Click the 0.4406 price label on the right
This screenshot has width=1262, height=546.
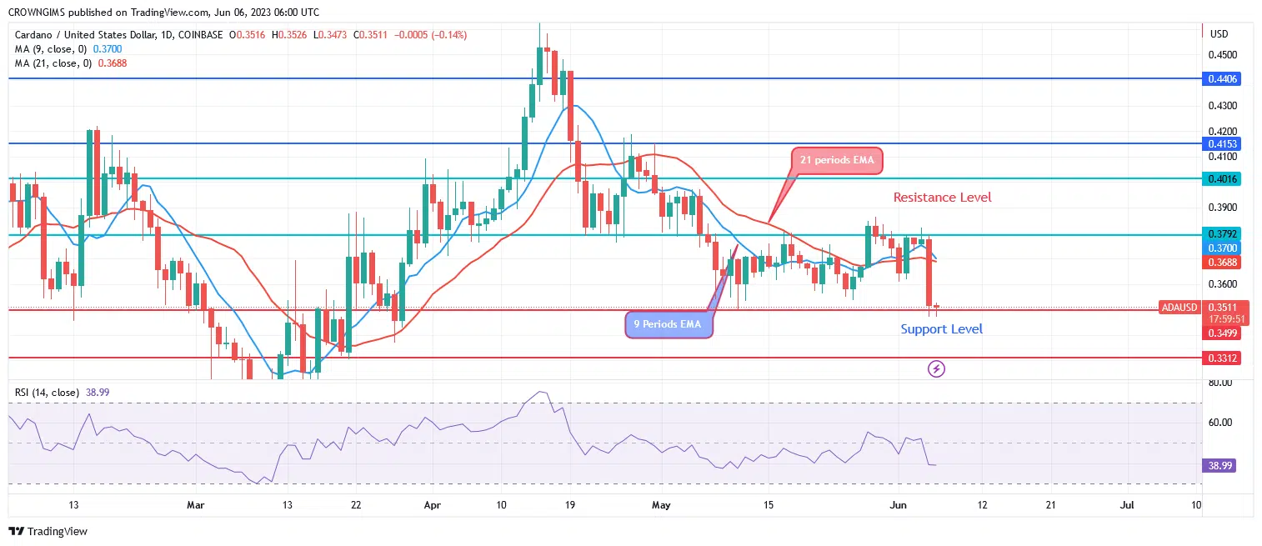coord(1223,78)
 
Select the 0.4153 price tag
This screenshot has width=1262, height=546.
coord(1223,143)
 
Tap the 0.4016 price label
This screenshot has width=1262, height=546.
coord(1223,178)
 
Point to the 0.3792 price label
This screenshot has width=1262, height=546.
coord(1223,233)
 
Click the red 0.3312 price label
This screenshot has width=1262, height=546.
coord(1223,358)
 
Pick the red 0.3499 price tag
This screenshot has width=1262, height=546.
coord(1223,333)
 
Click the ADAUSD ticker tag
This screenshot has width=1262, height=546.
coord(1179,308)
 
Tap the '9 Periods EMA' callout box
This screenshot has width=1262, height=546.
coord(669,323)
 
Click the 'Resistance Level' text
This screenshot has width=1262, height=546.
coord(942,198)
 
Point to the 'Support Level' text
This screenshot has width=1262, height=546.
coord(941,329)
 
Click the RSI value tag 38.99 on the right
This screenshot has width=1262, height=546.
coord(1219,465)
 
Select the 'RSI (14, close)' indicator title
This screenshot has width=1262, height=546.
coord(47,392)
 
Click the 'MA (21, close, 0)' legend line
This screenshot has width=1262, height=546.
coord(53,63)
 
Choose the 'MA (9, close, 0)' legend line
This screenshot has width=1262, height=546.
coord(50,49)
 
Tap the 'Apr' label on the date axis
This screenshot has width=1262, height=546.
coord(432,505)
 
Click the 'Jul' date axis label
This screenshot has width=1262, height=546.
coord(1127,505)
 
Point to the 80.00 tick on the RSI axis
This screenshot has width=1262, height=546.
coord(1219,383)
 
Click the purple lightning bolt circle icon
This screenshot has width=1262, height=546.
coord(936,368)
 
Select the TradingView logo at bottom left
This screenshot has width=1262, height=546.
coord(48,531)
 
